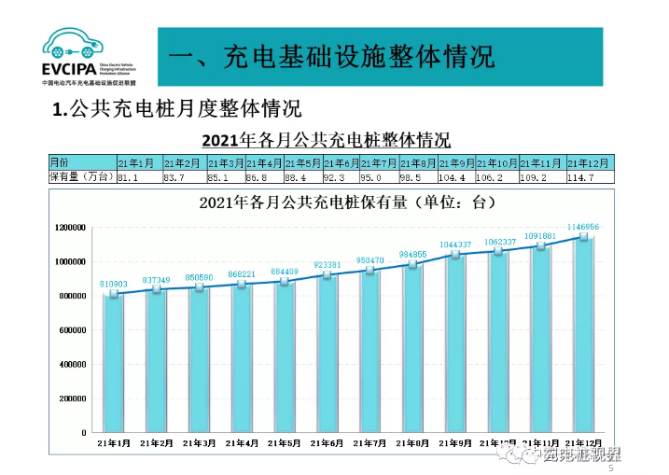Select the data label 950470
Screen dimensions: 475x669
click(370, 259)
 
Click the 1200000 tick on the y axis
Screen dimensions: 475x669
click(71, 228)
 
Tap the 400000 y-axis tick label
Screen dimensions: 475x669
click(74, 365)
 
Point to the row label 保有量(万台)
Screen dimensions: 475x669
click(80, 176)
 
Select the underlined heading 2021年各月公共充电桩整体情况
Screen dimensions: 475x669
click(327, 140)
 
